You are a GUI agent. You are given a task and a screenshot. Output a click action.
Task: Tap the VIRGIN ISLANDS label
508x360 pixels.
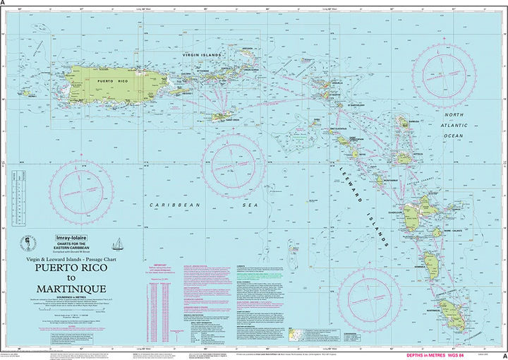[202, 54]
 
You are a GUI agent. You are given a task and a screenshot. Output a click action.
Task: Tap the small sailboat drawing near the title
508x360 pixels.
[118, 244]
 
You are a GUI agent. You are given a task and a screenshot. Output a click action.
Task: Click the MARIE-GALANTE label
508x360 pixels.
[438, 230]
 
